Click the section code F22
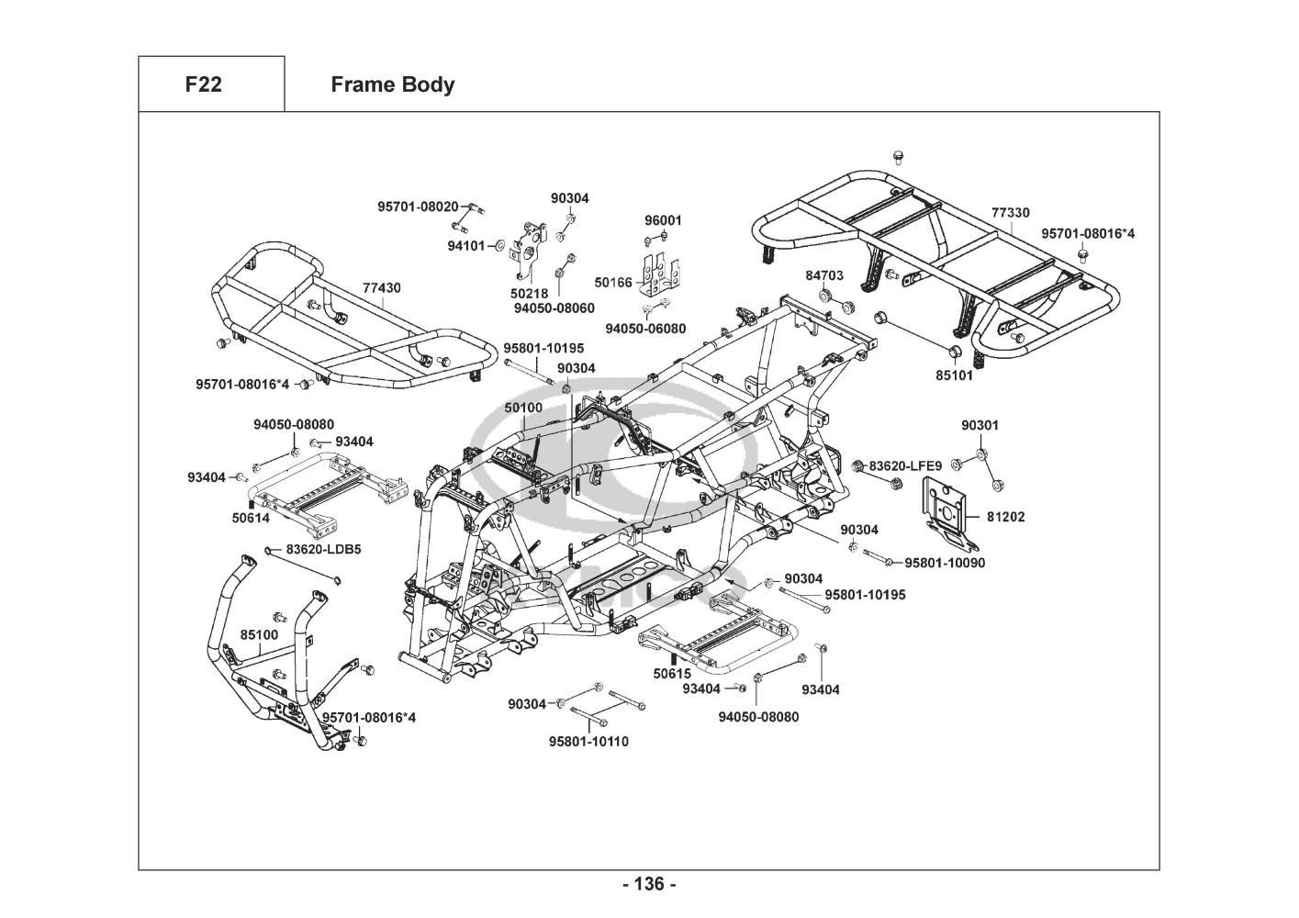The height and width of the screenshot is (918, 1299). (203, 84)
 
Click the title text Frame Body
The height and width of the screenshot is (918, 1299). (392, 84)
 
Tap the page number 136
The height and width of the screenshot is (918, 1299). (649, 884)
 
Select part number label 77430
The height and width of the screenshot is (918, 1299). (381, 287)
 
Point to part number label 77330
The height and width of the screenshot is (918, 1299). (1010, 212)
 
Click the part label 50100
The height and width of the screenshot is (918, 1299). (523, 407)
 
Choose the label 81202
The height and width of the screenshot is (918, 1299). (1006, 517)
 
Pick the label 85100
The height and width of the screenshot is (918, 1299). (259, 634)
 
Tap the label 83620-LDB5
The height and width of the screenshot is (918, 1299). (323, 549)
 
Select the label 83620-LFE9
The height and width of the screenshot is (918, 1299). (905, 466)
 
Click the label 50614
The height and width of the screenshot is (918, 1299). (251, 518)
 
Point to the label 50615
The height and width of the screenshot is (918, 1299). (672, 673)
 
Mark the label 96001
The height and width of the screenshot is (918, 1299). (663, 220)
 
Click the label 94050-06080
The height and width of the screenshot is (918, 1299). (645, 328)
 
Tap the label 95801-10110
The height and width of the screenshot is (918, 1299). (589, 741)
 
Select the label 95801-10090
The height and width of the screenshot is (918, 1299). (945, 563)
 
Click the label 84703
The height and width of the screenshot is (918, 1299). (824, 275)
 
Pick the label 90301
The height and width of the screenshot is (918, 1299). (980, 425)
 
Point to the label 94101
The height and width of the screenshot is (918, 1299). (466, 245)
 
